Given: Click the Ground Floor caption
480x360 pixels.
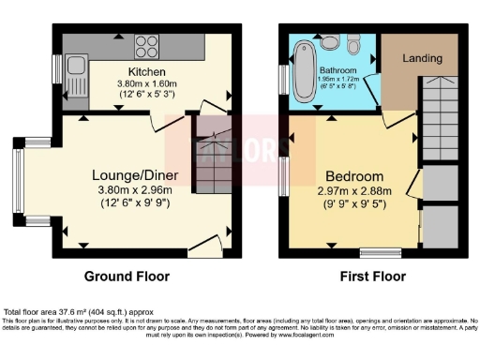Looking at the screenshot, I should (x=127, y=277).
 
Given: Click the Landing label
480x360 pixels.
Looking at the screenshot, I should (x=422, y=58).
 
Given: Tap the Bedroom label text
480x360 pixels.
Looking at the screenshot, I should (x=353, y=176).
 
